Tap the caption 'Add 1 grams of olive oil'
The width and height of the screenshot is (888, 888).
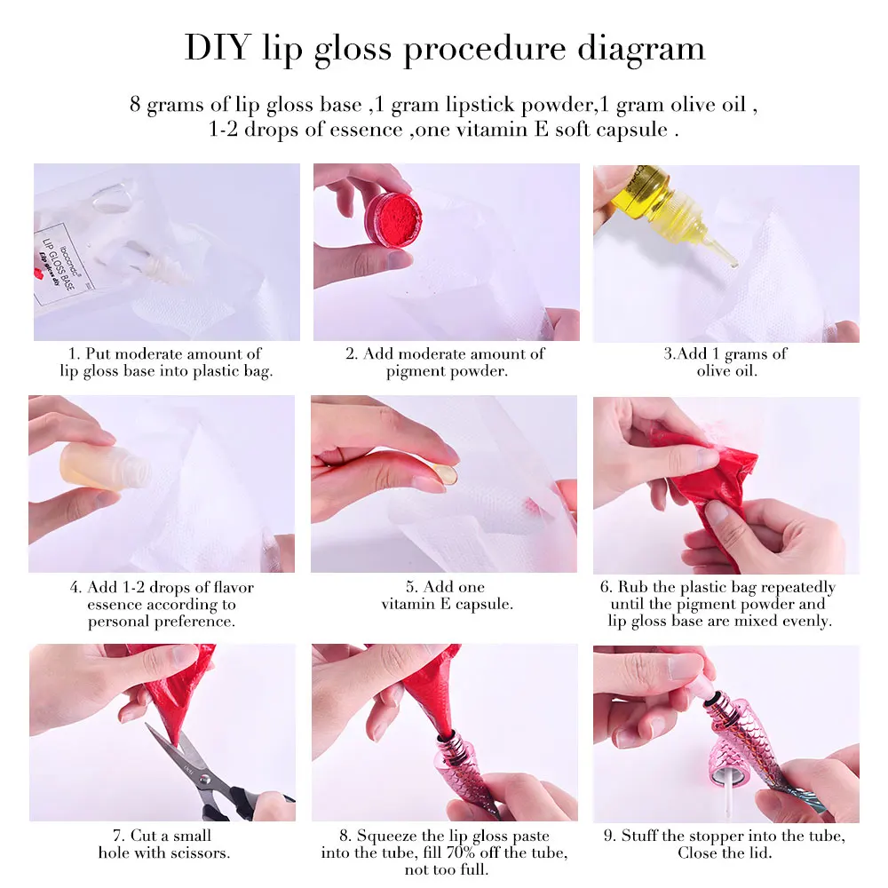point(725,362)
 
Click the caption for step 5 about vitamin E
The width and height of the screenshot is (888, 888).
point(447,596)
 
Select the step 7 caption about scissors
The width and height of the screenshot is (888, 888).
point(164,844)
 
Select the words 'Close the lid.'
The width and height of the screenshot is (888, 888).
point(725,853)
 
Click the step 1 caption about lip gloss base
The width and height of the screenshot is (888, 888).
point(166,362)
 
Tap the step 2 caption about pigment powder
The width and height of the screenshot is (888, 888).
point(446,362)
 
